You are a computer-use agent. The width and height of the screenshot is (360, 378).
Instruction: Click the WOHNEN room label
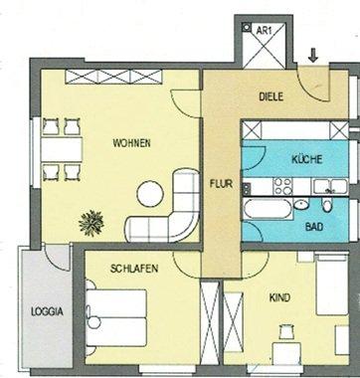pyautogui.click(x=131, y=143)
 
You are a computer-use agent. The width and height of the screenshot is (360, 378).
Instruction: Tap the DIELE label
pyautogui.click(x=271, y=96)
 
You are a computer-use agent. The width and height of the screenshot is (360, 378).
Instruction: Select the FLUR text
pyautogui.click(x=221, y=184)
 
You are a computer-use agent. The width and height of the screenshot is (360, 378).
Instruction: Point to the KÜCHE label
pyautogui.click(x=306, y=159)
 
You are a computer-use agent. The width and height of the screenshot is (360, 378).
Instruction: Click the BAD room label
pyautogui.click(x=314, y=227)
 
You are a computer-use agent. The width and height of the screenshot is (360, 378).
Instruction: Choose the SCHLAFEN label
pyautogui.click(x=134, y=269)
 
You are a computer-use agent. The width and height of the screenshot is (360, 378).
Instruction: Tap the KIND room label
pyautogui.click(x=279, y=297)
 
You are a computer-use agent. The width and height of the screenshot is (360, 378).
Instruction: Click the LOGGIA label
pyautogui.click(x=47, y=312)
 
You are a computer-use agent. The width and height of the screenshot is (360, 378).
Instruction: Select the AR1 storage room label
pyautogui.click(x=265, y=31)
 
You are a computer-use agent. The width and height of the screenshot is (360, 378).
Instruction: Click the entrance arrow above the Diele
pyautogui.click(x=312, y=55)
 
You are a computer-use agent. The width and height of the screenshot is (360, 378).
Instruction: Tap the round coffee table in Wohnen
pyautogui.click(x=150, y=194)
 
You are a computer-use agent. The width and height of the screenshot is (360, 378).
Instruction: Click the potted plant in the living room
pyautogui.click(x=91, y=223)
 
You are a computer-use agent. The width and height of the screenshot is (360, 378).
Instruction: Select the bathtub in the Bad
pyautogui.click(x=268, y=209)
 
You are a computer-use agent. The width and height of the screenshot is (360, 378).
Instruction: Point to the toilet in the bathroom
pyautogui.click(x=327, y=206)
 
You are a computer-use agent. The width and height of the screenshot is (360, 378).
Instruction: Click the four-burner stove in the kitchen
pyautogui.click(x=282, y=187)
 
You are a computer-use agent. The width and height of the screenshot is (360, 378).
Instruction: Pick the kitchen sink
pyautogui.click(x=330, y=187)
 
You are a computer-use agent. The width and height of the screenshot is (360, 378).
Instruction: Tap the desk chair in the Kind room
pyautogui.click(x=286, y=332)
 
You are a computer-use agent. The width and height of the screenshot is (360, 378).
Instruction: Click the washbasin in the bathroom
pyautogui.click(x=301, y=205)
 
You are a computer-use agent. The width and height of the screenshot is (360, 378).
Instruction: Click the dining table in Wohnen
pyautogui.click(x=62, y=149)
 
